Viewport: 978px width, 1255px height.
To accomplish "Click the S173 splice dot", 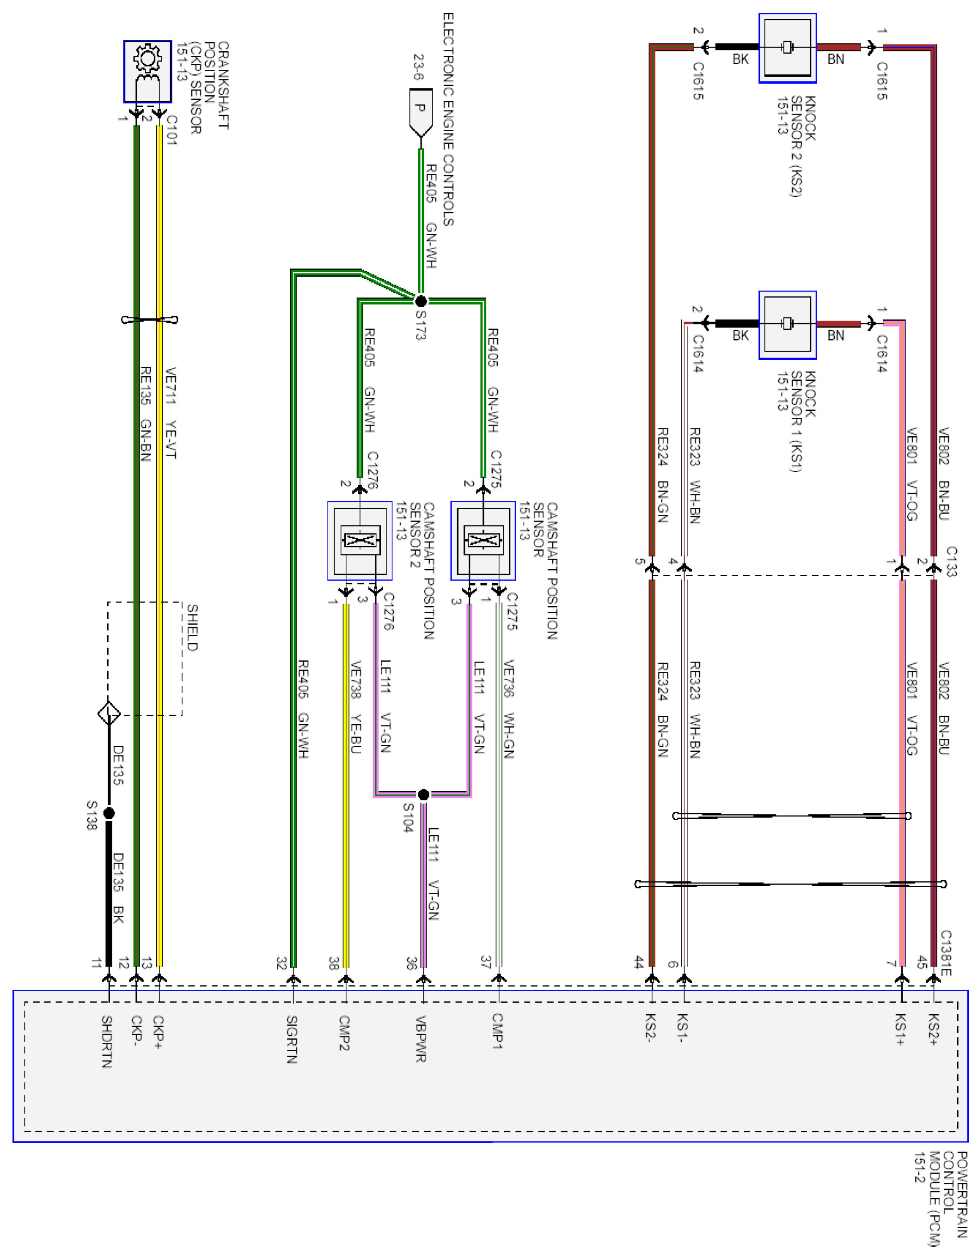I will coord(421,300).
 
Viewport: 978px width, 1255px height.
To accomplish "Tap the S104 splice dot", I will coord(423,795).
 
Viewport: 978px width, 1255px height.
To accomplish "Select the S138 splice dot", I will coord(109,813).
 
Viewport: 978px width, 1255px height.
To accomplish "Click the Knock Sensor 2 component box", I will coord(787,48).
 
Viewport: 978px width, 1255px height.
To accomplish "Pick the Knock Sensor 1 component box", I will coord(787,325).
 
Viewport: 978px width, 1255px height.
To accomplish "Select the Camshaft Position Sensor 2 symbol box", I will coord(360,540).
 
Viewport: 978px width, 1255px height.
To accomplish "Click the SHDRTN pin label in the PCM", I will coord(107,1041).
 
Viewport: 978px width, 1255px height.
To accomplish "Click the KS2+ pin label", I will coord(933,1029).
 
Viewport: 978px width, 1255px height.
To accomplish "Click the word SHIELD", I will coord(192,627).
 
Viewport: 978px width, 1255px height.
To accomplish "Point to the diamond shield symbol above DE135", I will coord(109,714).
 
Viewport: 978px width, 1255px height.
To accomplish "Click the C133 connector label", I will coord(952,561).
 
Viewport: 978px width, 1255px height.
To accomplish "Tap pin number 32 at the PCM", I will coord(281,963).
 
